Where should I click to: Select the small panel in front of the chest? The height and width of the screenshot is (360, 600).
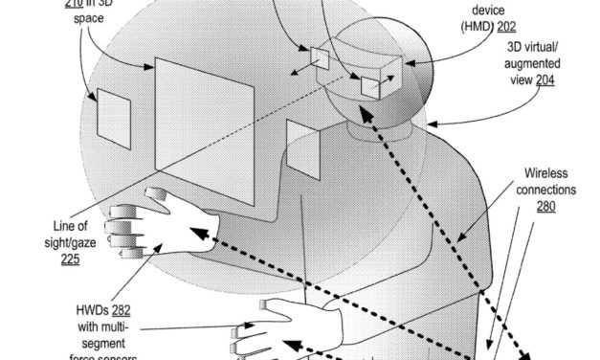(x=302, y=147)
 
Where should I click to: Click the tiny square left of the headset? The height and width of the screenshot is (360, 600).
(x=319, y=58)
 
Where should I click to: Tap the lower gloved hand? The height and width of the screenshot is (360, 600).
(x=287, y=326)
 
